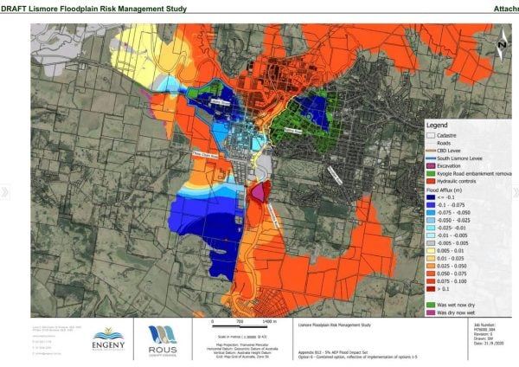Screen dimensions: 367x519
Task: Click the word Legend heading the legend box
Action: (436, 125)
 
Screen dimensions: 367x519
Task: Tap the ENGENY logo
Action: (107, 337)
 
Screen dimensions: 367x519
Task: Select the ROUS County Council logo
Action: (159, 338)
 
